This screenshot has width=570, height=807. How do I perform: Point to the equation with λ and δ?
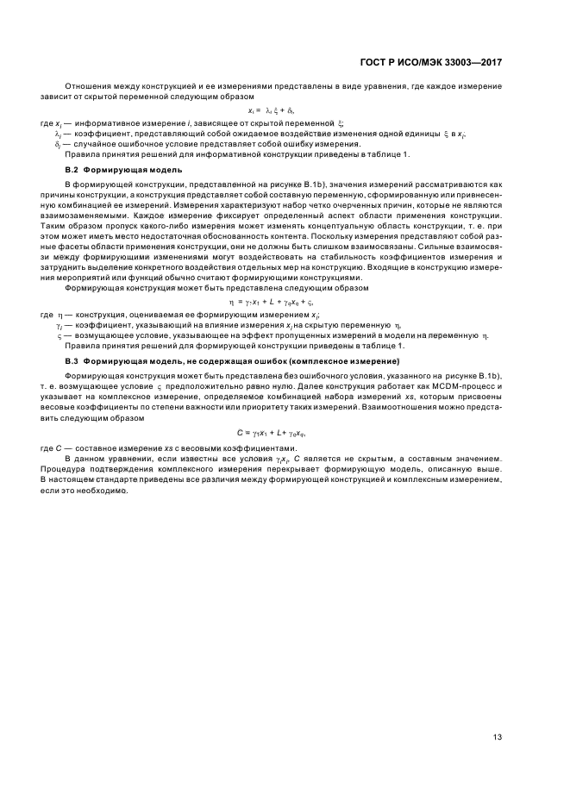(x=272, y=110)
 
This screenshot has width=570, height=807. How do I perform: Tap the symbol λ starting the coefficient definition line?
(x=58, y=134)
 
